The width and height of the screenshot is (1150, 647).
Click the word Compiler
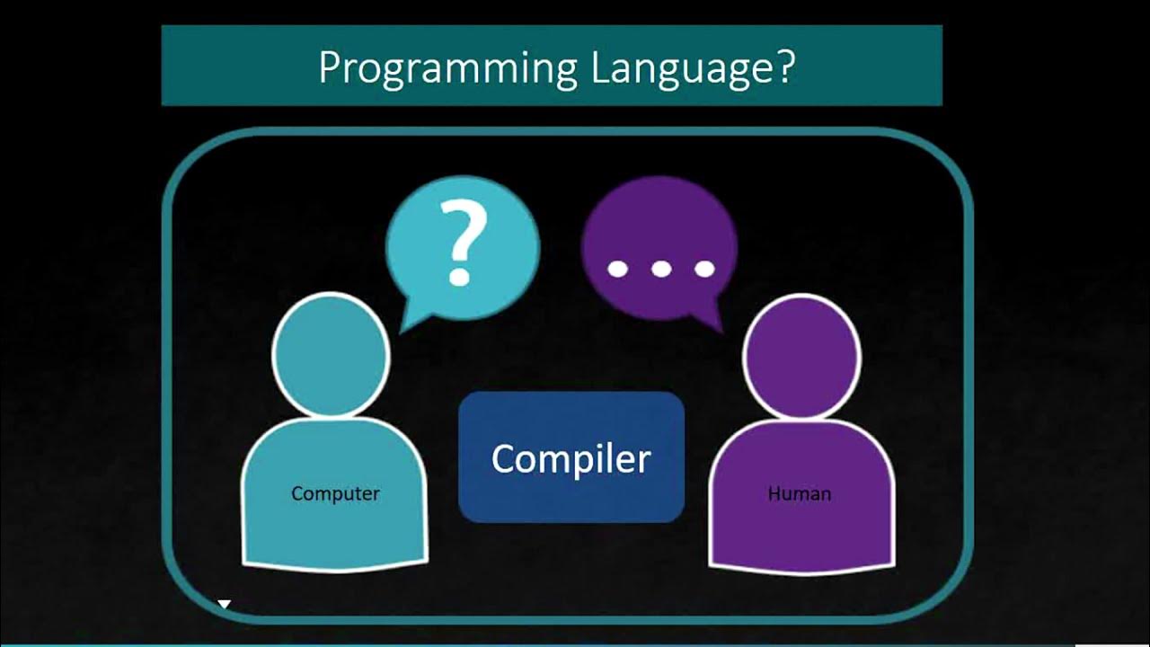click(x=571, y=458)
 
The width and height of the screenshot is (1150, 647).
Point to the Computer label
click(x=335, y=493)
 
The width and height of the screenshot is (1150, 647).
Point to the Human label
click(x=799, y=493)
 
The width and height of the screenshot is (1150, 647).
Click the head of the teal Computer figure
click(x=331, y=355)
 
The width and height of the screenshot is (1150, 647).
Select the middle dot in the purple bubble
click(x=661, y=269)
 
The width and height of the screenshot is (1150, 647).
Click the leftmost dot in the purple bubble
click(x=617, y=269)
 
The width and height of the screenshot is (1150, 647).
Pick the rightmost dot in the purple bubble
click(x=705, y=269)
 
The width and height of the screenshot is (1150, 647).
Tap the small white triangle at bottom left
click(x=225, y=605)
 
